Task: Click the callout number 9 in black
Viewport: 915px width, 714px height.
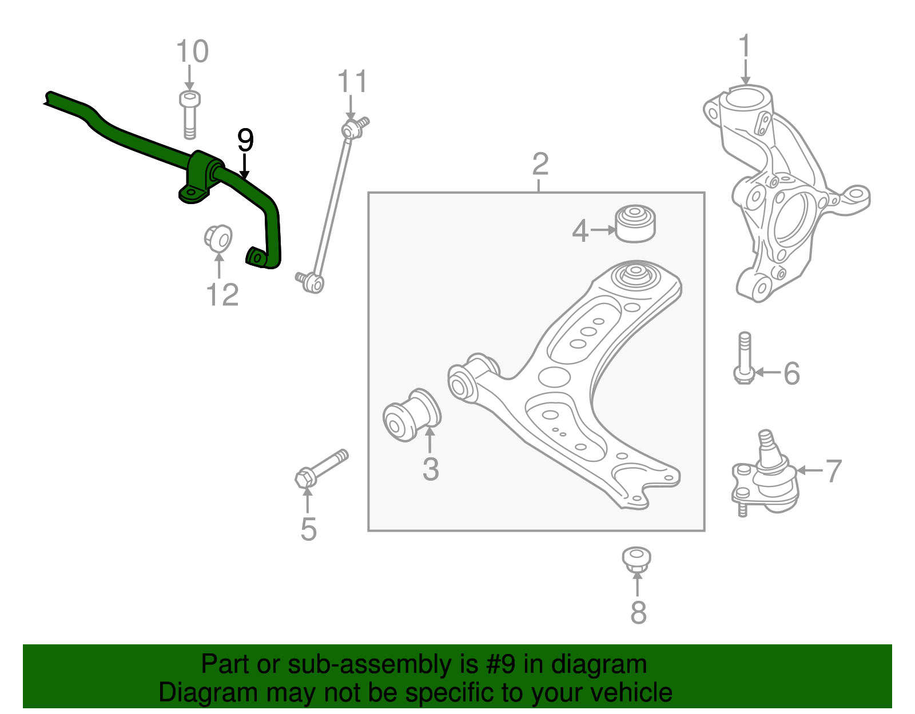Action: (245, 141)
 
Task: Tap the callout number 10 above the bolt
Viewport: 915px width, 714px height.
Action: (192, 52)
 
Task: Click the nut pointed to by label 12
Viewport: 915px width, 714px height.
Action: (218, 237)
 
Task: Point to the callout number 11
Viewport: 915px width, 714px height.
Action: (352, 82)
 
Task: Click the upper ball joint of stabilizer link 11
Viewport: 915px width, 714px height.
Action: (352, 129)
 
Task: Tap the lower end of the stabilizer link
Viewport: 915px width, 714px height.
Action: (312, 282)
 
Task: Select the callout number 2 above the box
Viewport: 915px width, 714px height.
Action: (540, 165)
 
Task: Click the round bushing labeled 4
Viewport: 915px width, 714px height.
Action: (635, 224)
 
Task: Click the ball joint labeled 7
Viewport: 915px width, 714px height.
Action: (769, 474)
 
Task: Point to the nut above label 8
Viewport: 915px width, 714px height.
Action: (636, 558)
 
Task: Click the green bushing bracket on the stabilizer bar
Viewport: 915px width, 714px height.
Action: (197, 177)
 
